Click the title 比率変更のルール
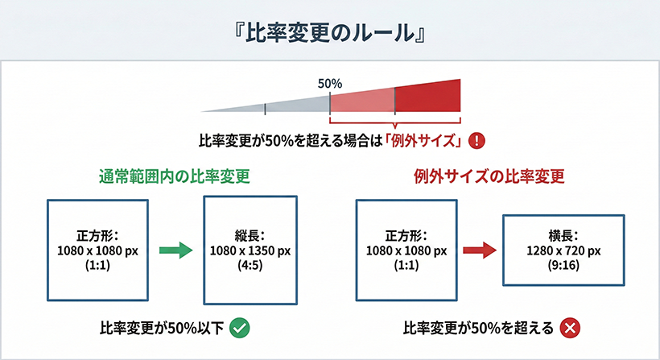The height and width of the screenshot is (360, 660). pyautogui.click(x=330, y=33)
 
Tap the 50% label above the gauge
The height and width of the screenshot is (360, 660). pyautogui.click(x=330, y=84)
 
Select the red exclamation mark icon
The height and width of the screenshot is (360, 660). pyautogui.click(x=476, y=140)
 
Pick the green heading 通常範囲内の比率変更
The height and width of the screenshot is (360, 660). pyautogui.click(x=175, y=176)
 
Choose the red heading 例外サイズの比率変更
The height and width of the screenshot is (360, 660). pyautogui.click(x=489, y=176)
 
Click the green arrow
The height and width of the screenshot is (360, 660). pyautogui.click(x=176, y=250)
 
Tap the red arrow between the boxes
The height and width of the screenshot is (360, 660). pyautogui.click(x=480, y=250)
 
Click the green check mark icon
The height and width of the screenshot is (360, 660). pyautogui.click(x=240, y=328)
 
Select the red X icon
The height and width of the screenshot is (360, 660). pyautogui.click(x=570, y=328)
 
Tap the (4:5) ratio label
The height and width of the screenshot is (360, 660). pyautogui.click(x=250, y=265)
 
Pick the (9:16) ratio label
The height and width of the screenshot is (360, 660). pyautogui.click(x=563, y=265)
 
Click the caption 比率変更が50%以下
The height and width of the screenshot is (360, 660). pyautogui.click(x=162, y=328)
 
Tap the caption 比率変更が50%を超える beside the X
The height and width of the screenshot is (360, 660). pyautogui.click(x=479, y=328)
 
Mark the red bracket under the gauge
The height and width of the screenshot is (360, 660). pyautogui.click(x=395, y=123)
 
